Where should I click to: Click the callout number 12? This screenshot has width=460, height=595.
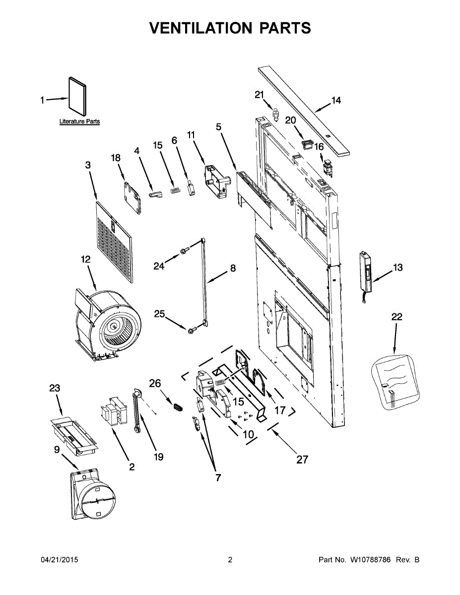click(85, 259)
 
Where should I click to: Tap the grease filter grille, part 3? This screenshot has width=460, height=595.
click(115, 240)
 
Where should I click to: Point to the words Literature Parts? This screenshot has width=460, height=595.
click(79, 121)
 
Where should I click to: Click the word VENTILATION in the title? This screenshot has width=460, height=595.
click(195, 28)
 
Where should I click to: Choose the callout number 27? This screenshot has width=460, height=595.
click(302, 459)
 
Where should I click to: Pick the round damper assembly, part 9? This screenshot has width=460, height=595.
click(94, 496)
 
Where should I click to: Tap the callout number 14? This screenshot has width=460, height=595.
click(336, 101)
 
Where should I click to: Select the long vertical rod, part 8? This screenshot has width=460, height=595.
click(204, 283)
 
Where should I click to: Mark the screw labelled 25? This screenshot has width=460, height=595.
click(191, 329)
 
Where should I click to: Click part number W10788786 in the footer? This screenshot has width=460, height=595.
click(370, 560)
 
